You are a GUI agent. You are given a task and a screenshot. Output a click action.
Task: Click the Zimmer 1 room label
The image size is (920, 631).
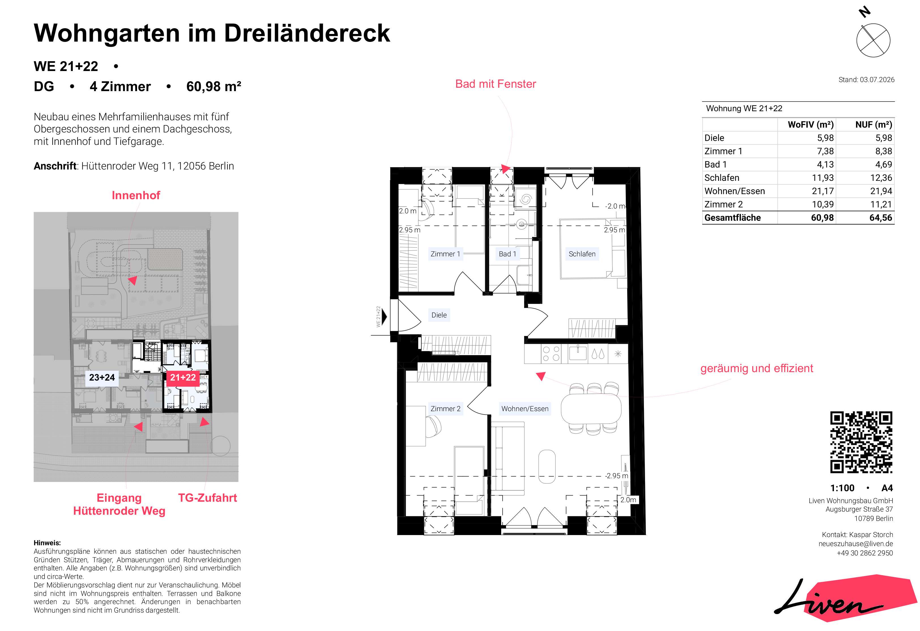[x=445, y=254]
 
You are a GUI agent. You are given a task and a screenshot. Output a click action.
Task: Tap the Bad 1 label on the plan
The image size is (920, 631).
[x=507, y=254]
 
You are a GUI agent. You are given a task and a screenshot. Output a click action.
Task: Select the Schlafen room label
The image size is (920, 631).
[x=582, y=254]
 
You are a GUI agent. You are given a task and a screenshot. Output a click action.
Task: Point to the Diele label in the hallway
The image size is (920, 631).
[x=439, y=315]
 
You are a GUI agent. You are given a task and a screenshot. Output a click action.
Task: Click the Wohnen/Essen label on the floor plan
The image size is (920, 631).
[x=525, y=409]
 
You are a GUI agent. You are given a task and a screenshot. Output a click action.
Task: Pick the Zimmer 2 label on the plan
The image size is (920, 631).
[x=445, y=409]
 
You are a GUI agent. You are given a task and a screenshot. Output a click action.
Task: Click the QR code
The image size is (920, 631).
[x=861, y=442]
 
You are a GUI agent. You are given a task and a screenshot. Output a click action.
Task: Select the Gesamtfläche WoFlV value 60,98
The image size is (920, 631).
[x=822, y=218]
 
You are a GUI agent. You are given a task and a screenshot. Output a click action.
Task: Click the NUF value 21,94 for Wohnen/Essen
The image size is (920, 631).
[x=881, y=191]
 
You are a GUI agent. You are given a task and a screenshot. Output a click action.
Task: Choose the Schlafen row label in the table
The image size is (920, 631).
[x=722, y=178]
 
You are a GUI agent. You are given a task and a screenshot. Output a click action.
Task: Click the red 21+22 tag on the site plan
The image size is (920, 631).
[x=183, y=377]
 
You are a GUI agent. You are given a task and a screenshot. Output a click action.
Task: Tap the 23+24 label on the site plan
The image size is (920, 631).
[x=102, y=377]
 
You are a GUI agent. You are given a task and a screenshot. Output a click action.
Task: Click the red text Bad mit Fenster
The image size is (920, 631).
[x=496, y=84]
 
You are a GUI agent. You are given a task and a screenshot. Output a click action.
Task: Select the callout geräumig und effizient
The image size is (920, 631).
[x=757, y=368]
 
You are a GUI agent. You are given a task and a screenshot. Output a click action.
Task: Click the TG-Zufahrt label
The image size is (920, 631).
[x=208, y=498]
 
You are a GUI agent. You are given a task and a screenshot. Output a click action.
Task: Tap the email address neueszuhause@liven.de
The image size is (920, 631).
[x=855, y=544]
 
